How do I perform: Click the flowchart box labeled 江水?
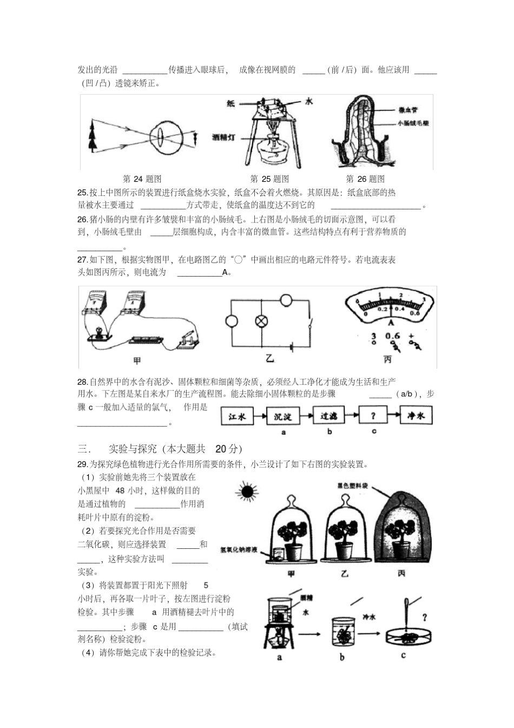[238, 416]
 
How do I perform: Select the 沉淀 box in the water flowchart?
[283, 416]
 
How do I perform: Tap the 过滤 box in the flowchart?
[329, 416]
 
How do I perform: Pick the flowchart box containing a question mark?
[374, 416]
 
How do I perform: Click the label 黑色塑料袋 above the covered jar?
[352, 486]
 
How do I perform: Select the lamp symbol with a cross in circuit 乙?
[262, 321]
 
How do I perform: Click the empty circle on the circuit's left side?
[232, 321]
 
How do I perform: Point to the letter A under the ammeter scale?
[390, 322]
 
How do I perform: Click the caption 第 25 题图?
[269, 179]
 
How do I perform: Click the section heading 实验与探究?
[133, 449]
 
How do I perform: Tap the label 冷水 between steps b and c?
[368, 616]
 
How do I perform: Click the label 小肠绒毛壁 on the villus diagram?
[413, 123]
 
